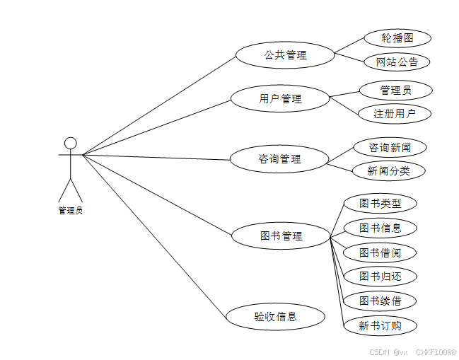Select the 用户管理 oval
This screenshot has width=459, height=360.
click(280, 98)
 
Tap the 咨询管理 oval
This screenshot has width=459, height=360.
click(280, 159)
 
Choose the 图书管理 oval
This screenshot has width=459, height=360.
click(280, 236)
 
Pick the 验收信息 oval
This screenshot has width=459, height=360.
click(275, 316)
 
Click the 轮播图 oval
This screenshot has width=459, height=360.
click(397, 37)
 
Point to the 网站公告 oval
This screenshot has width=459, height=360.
click(397, 62)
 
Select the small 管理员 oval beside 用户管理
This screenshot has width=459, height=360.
click(395, 90)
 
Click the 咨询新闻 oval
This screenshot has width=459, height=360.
click(390, 147)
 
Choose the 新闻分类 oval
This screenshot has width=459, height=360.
click(388, 170)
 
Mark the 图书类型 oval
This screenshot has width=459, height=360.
click(380, 204)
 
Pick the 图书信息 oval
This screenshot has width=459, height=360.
click(380, 228)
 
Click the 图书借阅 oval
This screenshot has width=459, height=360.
click(380, 252)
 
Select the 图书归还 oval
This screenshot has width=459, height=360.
click(380, 277)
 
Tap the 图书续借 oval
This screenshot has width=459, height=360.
click(380, 301)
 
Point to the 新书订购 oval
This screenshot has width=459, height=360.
click(380, 325)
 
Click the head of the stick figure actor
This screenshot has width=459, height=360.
click(70, 143)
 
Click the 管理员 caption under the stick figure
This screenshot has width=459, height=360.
click(70, 210)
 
